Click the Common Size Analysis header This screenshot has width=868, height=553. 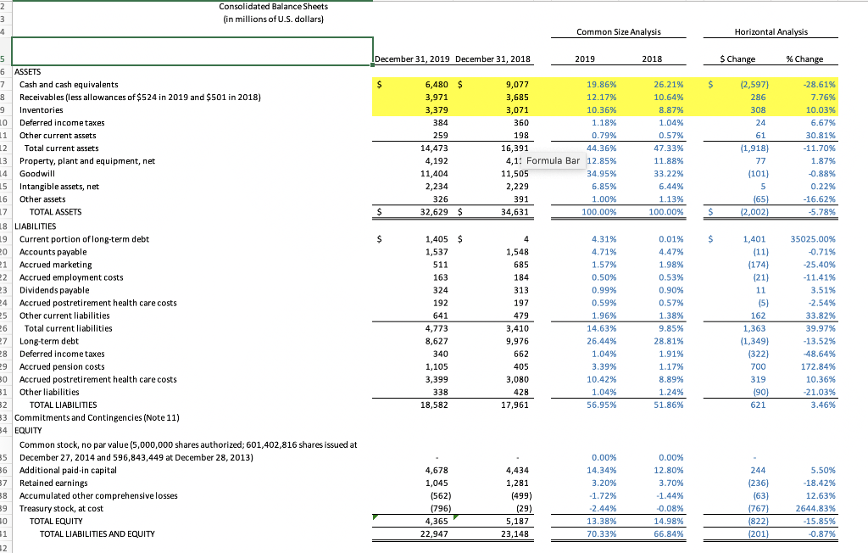pos(617,32)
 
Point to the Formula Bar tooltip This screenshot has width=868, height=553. pos(553,161)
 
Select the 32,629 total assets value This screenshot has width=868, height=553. pos(435,212)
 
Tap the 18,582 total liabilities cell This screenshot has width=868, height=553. pos(435,405)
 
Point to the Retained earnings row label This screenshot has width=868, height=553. pos(53,483)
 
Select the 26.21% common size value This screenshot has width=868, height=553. pos(647,85)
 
